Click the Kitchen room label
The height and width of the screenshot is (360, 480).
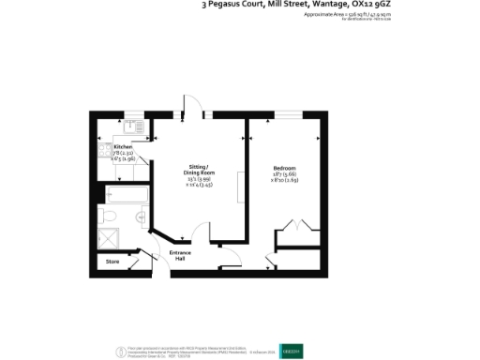(x=124, y=148)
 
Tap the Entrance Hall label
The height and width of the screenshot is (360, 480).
(x=180, y=256)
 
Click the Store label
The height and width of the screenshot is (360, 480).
(x=112, y=261)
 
